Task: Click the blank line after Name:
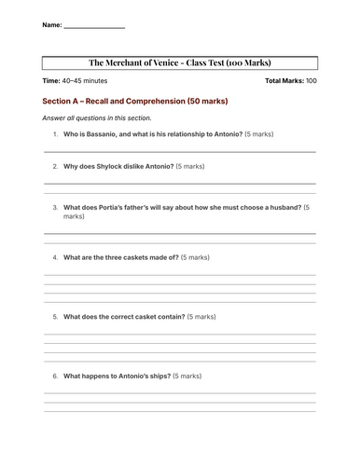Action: click(93, 27)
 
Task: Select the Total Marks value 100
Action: click(311, 82)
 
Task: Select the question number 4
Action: click(55, 256)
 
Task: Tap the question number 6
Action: click(55, 376)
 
